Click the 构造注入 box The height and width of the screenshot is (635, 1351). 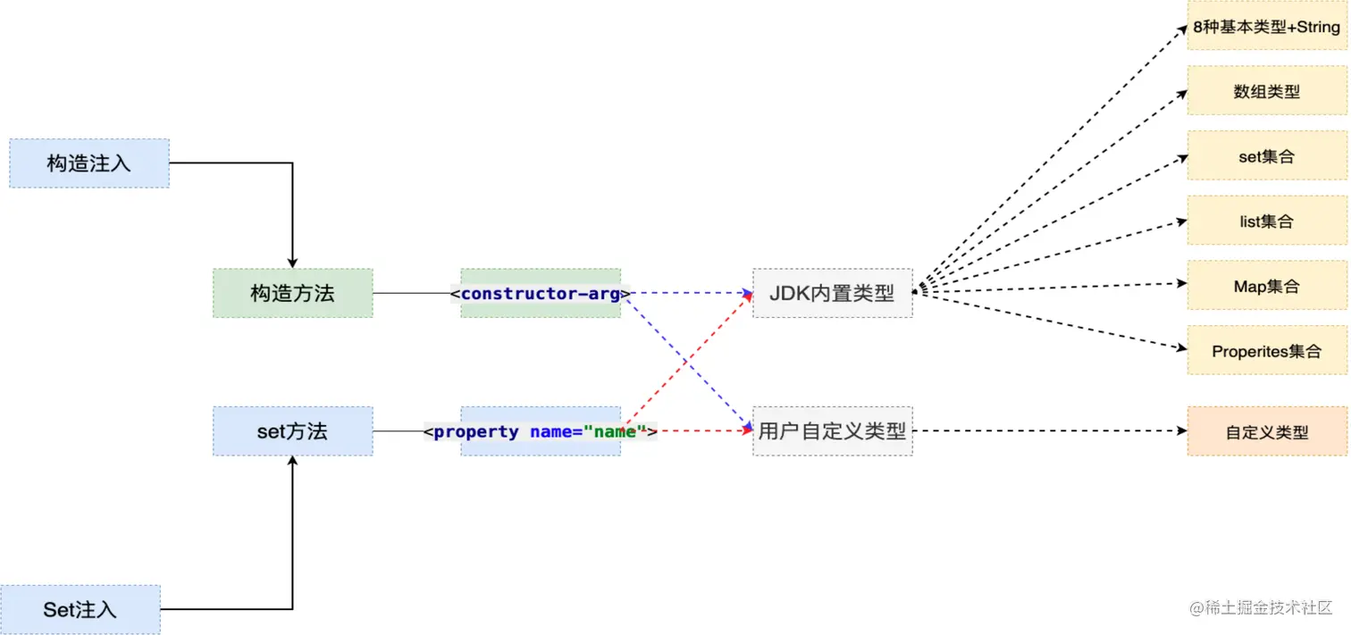[89, 163]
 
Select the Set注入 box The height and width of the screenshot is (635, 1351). [80, 610]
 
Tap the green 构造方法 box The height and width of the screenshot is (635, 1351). [292, 293]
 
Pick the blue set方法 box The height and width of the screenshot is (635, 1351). [292, 431]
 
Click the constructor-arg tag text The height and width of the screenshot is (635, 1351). [541, 293]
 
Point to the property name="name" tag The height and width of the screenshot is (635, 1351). [541, 432]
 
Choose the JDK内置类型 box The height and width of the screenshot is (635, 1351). [832, 293]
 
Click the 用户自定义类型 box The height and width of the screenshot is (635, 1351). [832, 431]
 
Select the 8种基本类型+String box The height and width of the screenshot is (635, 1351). [1267, 27]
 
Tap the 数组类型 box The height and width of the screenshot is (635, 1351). [1267, 91]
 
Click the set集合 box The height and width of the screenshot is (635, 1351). [1267, 156]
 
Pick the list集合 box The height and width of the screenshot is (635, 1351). [1267, 221]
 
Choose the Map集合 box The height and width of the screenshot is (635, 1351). [1267, 286]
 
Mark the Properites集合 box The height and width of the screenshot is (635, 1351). [1267, 351]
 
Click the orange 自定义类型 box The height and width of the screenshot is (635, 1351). [1267, 431]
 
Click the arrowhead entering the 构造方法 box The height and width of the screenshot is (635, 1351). [292, 261]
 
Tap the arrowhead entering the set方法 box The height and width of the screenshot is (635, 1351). [292, 464]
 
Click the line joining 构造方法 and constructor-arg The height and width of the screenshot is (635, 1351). [411, 293]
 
